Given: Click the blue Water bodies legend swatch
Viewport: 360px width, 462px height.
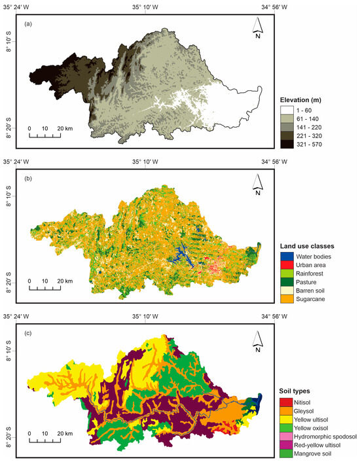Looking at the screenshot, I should [285, 256].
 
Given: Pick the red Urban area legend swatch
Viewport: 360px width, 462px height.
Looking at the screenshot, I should [285, 264].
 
